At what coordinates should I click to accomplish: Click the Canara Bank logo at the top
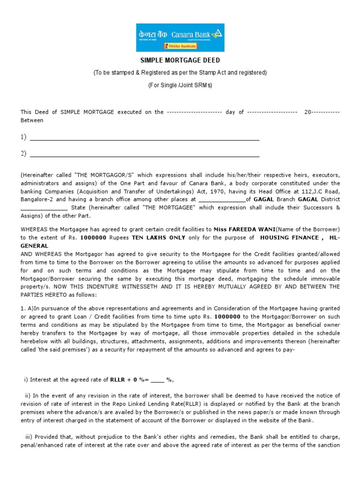point(180,37)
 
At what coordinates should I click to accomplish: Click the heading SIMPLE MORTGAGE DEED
point(180,60)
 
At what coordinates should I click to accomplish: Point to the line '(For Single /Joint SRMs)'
point(180,85)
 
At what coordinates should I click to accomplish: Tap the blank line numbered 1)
point(144,138)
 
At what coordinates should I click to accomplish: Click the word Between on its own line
point(32,120)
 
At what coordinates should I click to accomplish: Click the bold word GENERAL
point(34,245)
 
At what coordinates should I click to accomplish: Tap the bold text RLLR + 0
point(124,380)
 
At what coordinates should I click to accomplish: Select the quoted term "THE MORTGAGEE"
point(153,207)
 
